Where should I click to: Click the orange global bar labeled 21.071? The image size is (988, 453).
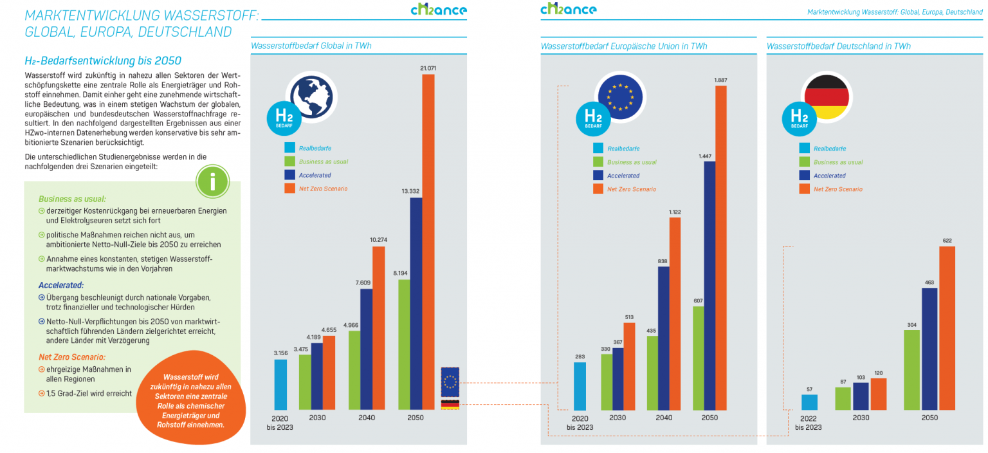(x=428, y=241)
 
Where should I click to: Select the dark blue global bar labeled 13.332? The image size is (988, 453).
(x=416, y=302)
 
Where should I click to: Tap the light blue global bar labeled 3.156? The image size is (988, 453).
(x=280, y=384)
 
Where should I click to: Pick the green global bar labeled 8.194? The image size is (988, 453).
(x=404, y=344)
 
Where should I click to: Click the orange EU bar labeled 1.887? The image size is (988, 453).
(x=720, y=248)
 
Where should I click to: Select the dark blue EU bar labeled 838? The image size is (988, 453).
(x=664, y=338)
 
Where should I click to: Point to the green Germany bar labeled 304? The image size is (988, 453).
(x=911, y=370)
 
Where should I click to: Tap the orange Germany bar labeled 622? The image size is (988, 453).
(x=947, y=328)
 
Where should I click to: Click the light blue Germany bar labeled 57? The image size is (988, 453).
(x=809, y=402)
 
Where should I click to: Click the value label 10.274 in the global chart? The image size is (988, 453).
(x=379, y=240)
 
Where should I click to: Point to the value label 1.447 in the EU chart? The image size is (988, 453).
(x=709, y=156)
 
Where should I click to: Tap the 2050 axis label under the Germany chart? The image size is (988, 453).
(x=929, y=418)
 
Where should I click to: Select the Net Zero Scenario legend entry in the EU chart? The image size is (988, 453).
(x=631, y=189)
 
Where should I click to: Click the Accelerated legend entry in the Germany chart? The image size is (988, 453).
(x=829, y=176)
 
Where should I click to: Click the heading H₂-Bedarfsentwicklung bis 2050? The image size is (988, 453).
(x=102, y=60)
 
